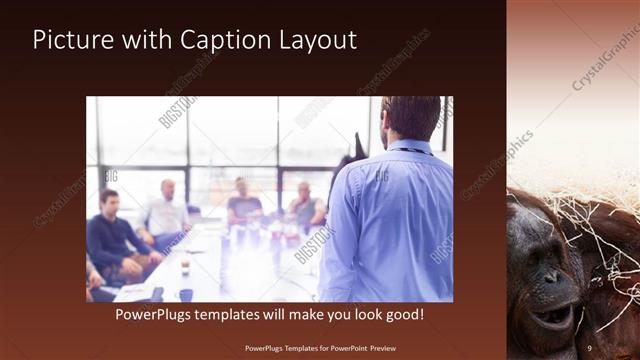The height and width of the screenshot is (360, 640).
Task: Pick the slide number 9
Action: click(589, 347)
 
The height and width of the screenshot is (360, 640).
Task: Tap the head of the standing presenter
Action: click(410, 117)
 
